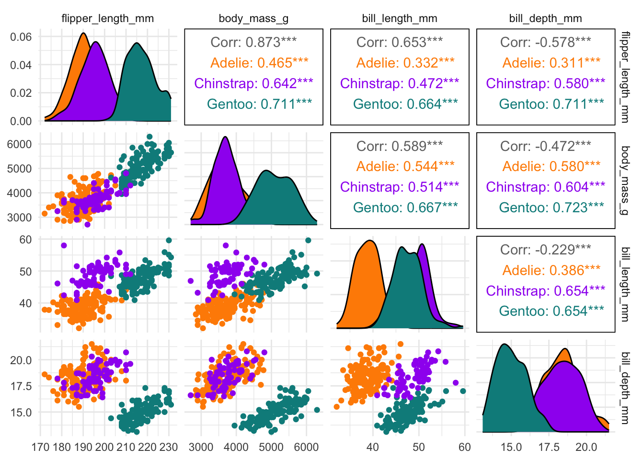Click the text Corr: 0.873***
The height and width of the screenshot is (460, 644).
pyautogui.click(x=253, y=42)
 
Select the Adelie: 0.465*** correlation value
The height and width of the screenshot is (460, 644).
pyautogui.click(x=259, y=63)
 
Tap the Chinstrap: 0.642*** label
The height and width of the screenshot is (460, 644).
pyautogui.click(x=253, y=83)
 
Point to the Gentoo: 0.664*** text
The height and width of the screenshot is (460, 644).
pyautogui.click(x=405, y=104)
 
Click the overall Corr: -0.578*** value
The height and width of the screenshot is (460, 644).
pyautogui.click(x=545, y=42)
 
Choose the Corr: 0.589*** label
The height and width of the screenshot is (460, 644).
pyautogui.click(x=400, y=146)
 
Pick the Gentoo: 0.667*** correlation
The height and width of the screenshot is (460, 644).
pyautogui.click(x=405, y=207)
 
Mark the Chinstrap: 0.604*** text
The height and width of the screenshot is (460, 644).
pyautogui.click(x=545, y=187)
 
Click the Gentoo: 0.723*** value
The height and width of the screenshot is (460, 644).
pyautogui.click(x=551, y=207)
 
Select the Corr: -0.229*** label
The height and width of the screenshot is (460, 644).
pyautogui.click(x=545, y=249)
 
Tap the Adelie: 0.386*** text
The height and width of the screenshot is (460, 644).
pyautogui.click(x=551, y=270)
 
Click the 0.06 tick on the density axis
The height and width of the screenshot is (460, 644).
pyautogui.click(x=21, y=37)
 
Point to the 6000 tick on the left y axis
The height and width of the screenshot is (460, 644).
pyautogui.click(x=19, y=144)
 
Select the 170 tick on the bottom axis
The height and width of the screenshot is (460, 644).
pyautogui.click(x=40, y=448)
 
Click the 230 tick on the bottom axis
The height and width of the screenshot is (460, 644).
pyautogui.click(x=168, y=448)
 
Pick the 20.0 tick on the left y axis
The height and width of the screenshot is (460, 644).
pyautogui.click(x=21, y=360)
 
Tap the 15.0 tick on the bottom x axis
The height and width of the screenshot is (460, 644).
pyautogui.click(x=511, y=448)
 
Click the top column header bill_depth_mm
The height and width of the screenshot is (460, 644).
pyautogui.click(x=545, y=19)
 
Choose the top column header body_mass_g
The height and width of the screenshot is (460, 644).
pyautogui.click(x=253, y=19)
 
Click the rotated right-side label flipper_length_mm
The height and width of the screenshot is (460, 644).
pyautogui.click(x=625, y=77)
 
